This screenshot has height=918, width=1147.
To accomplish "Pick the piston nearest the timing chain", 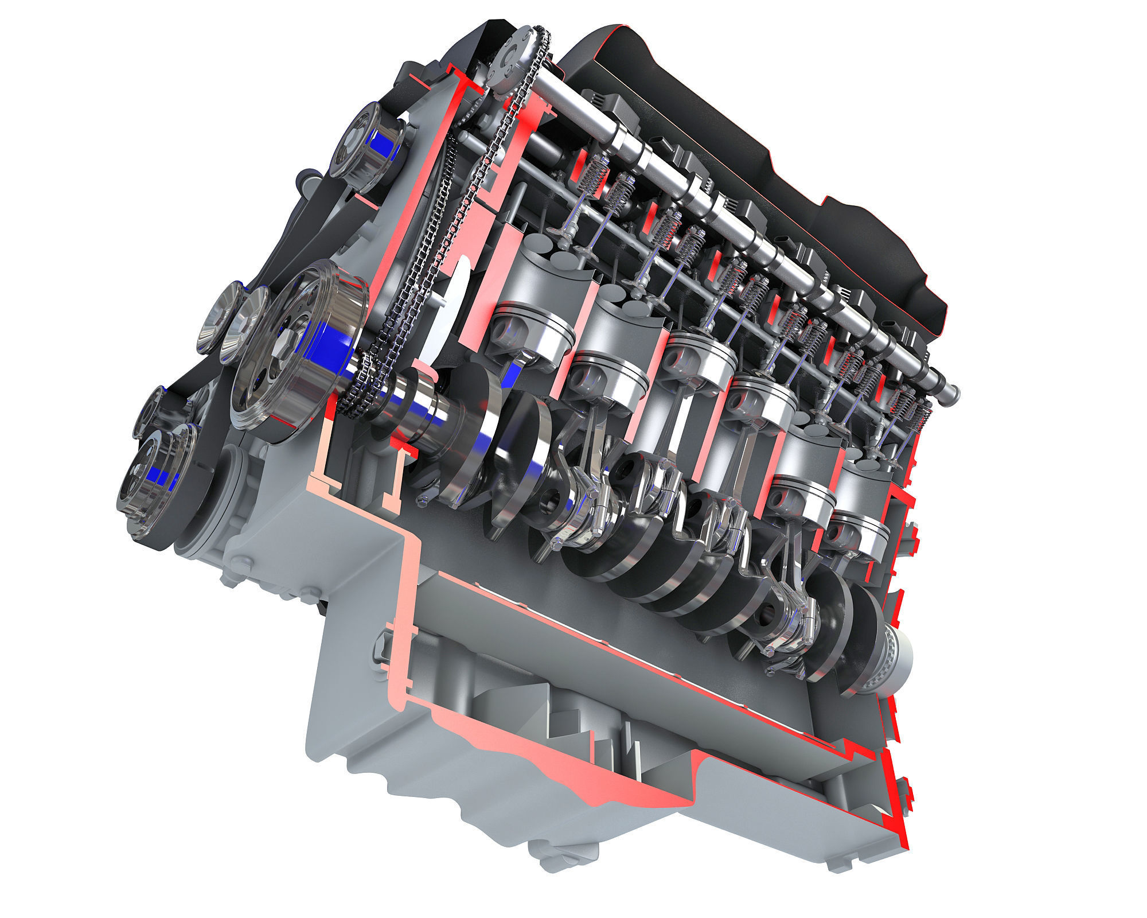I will pyautogui.click(x=533, y=333).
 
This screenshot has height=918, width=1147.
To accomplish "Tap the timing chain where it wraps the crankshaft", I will pyautogui.click(x=358, y=390).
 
